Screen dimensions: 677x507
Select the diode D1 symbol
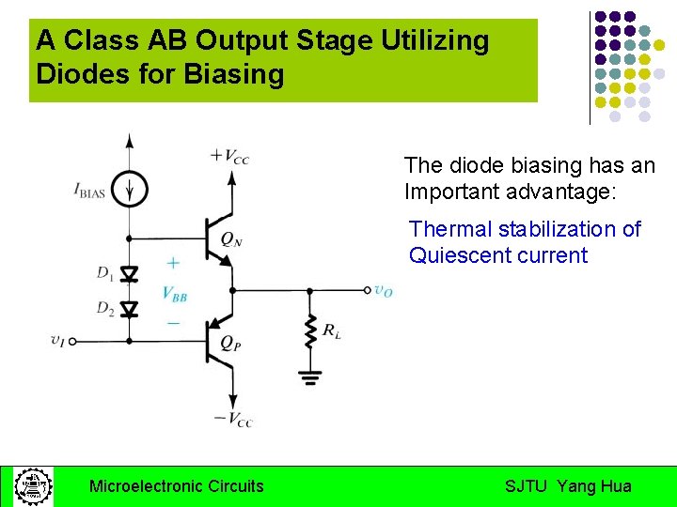click(130, 274)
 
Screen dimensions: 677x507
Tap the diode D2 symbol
click(130, 308)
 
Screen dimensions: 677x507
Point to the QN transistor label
click(231, 239)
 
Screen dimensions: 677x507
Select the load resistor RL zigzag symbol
click(309, 331)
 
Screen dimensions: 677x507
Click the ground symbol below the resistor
click(309, 376)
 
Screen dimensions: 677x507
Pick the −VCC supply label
click(232, 419)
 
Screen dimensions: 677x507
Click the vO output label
click(383, 291)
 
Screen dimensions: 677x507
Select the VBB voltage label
click(174, 293)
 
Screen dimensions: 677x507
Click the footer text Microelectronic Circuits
click(176, 486)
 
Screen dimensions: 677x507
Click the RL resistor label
click(332, 330)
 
